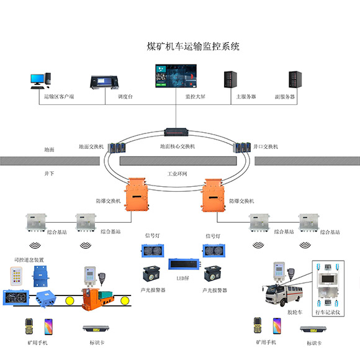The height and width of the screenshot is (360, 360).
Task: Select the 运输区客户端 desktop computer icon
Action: click(38, 79)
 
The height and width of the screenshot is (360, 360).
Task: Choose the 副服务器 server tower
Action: click(294, 79)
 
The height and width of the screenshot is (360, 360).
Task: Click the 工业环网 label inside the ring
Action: click(178, 174)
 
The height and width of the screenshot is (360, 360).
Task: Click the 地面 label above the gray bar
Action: click(49, 150)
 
